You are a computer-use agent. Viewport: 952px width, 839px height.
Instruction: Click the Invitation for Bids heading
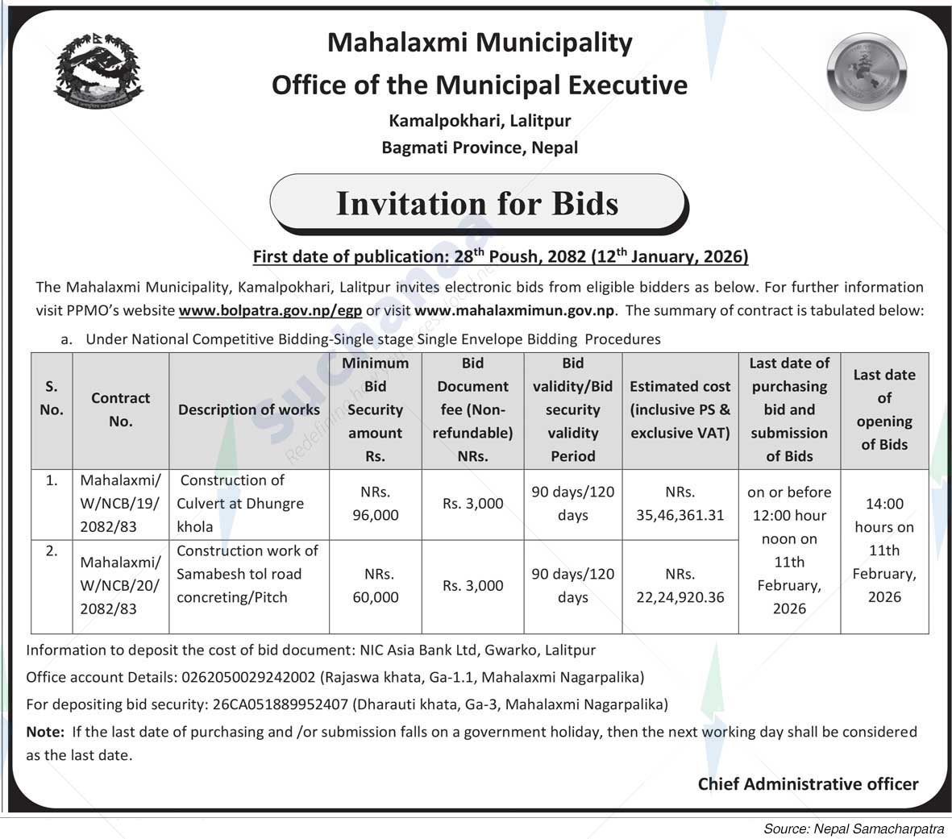click(477, 203)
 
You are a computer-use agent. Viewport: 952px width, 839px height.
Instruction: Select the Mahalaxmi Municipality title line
click(480, 43)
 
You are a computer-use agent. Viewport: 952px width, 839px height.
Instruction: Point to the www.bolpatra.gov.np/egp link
click(270, 310)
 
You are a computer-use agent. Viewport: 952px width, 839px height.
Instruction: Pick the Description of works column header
click(249, 409)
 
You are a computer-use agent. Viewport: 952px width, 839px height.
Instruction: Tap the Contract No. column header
click(120, 409)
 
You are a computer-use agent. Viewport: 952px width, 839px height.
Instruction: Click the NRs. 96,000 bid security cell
click(376, 504)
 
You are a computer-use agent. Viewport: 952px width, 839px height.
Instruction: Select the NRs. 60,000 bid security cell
click(376, 586)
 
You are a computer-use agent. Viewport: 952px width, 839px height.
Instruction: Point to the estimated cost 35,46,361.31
click(680, 515)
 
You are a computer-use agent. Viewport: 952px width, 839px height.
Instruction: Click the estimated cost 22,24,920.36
click(680, 597)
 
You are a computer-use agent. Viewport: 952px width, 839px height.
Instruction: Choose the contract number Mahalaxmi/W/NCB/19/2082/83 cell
click(120, 504)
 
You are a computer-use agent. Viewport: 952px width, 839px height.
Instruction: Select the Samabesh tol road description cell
click(247, 574)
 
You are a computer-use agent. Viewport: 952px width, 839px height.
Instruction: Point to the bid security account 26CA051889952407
click(281, 704)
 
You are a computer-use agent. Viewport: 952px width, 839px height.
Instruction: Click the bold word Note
click(44, 732)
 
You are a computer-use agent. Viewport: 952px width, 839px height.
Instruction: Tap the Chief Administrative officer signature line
click(808, 784)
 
